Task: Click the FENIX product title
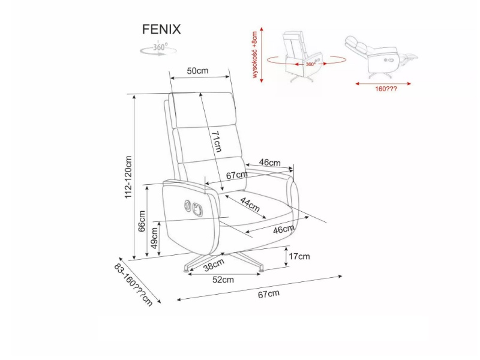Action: tap(161, 29)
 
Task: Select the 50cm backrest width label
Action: tap(197, 71)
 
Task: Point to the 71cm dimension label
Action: tap(217, 142)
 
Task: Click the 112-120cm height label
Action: tap(128, 178)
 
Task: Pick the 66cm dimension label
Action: tap(142, 220)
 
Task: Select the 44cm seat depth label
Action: tap(250, 204)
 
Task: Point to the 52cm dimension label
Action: tap(223, 279)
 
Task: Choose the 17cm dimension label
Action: tap(299, 257)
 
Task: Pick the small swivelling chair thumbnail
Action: tap(302, 55)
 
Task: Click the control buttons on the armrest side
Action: tap(194, 207)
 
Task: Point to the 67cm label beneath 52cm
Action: tap(269, 294)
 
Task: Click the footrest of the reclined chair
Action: tap(410, 58)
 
